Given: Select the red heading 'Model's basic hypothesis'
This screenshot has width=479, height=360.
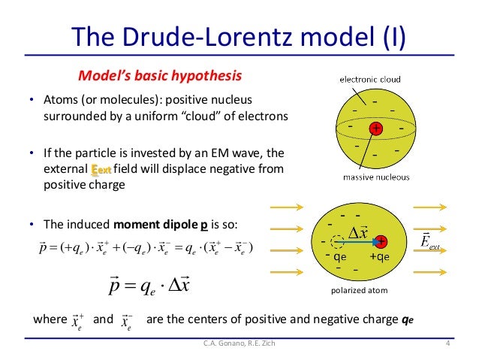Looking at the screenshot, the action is coord(161,77).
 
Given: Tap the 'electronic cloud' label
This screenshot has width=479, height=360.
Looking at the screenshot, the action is coord(370,79).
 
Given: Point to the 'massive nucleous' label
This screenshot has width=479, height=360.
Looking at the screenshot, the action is coord(376,177).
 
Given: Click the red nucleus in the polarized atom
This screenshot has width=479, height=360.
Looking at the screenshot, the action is coord(381,241).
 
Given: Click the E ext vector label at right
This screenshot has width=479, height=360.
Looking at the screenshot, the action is coord(429,242).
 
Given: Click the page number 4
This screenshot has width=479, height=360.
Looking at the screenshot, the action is coord(447,344).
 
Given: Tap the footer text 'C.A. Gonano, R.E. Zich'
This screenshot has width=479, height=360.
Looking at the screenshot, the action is coord(239,344).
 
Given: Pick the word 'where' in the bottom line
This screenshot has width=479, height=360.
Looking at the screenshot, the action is coord(50,319).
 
